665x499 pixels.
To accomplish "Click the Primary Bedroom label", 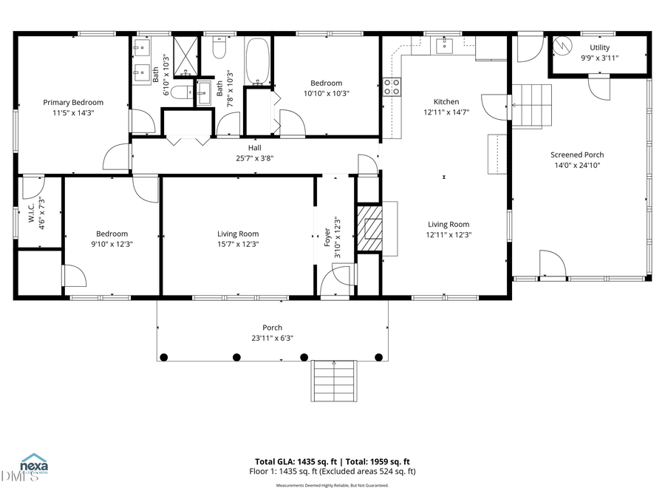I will pyautogui.click(x=73, y=102).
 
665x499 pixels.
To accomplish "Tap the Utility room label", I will pyautogui.click(x=599, y=47).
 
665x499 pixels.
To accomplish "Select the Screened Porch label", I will pyautogui.click(x=577, y=155).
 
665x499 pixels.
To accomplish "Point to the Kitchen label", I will pyautogui.click(x=446, y=102).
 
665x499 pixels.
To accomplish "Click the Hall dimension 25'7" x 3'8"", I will pyautogui.click(x=254, y=158).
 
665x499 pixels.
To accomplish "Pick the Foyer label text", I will pyautogui.click(x=327, y=237).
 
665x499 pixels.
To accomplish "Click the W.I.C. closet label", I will pyautogui.click(x=32, y=213).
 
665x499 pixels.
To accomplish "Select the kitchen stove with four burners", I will pyautogui.click(x=392, y=87).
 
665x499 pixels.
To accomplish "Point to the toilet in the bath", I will pyautogui.click(x=219, y=49).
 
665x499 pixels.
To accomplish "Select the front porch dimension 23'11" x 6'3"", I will pyautogui.click(x=273, y=339).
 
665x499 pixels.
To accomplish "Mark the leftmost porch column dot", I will pyautogui.click(x=164, y=357).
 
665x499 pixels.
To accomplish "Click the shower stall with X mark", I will pyautogui.click(x=187, y=55).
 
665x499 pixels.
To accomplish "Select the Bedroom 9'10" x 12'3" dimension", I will pyautogui.click(x=112, y=244).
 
